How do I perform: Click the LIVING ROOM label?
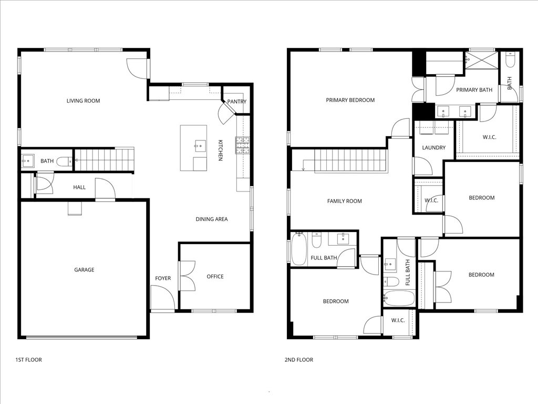point(83,101)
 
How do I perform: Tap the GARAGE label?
point(84,270)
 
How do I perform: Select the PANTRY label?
point(237,102)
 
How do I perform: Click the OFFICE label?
point(215,277)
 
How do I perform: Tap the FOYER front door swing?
point(162,298)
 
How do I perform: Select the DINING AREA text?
point(212,219)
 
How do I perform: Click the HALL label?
point(79,187)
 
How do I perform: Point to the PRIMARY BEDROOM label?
point(350,100)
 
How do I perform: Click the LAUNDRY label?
point(434,148)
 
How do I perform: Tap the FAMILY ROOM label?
point(345,201)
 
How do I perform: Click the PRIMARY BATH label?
point(474,90)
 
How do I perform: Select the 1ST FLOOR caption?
point(28,360)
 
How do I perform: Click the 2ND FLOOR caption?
point(298,360)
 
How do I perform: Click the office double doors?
point(187,276)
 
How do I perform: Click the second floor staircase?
point(349,160)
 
